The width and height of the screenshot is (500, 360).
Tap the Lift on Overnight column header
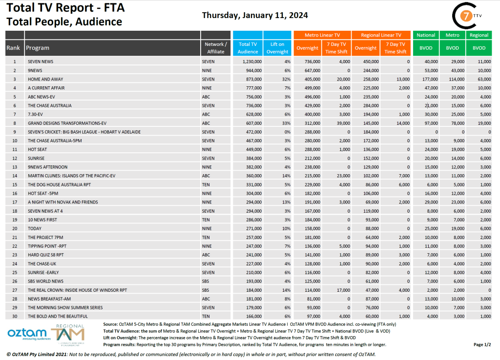(x=277, y=48)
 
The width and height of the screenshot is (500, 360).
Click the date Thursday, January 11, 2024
(x=254, y=15)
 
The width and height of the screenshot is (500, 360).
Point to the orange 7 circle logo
(x=468, y=16)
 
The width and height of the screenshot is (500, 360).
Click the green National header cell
(x=426, y=35)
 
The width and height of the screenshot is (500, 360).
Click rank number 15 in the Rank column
(x=15, y=184)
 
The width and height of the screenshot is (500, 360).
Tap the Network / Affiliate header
(x=215, y=48)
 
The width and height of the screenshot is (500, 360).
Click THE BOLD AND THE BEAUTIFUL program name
(x=58, y=316)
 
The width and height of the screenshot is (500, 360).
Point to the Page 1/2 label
(x=482, y=344)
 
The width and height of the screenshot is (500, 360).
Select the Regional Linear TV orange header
(x=381, y=35)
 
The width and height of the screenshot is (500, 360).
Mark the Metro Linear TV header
(x=322, y=35)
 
